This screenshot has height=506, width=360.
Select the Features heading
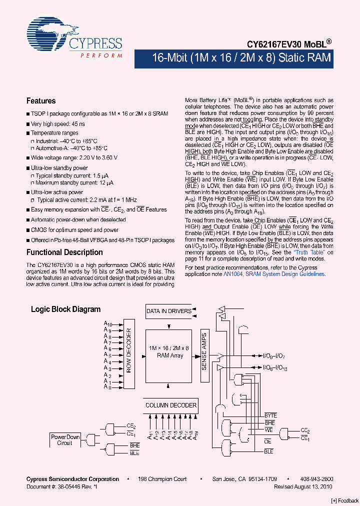pos(41,101)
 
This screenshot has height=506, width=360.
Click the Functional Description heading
pos(64,252)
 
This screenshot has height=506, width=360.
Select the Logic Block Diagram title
pos(65,309)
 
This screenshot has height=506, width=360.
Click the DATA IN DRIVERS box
pos(169,311)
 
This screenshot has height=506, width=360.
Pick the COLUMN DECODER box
pos(171,405)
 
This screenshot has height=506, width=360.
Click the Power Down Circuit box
pos(65,440)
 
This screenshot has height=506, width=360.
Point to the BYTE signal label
pos(270,415)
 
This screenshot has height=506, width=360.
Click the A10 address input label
pos(108,324)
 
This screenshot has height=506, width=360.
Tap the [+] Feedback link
pos(345,500)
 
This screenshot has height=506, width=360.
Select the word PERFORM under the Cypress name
pos(101,56)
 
